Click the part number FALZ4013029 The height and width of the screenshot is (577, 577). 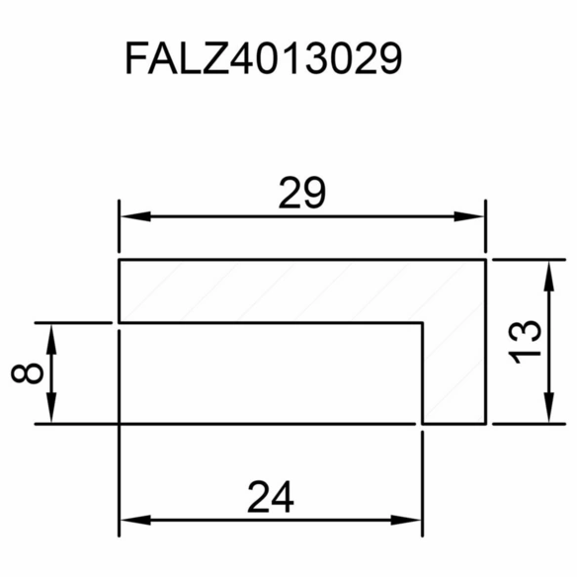(x=264, y=57)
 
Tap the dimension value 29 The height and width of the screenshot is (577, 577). (x=302, y=193)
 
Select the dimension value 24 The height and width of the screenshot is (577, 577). (x=271, y=496)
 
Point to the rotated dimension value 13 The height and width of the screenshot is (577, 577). (x=525, y=342)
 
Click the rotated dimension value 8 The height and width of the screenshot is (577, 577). (x=28, y=372)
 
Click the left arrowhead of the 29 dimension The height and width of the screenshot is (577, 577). (x=135, y=216)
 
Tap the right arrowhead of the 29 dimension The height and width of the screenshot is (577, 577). (x=468, y=216)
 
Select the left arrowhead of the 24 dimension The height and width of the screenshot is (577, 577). (x=135, y=520)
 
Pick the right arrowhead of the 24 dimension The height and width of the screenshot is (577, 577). (x=405, y=520)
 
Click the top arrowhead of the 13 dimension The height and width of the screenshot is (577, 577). (x=548, y=276)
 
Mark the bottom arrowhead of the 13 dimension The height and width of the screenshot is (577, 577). (x=548, y=407)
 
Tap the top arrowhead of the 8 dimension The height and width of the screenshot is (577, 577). (x=51, y=339)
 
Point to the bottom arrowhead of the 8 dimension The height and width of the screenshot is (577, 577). (x=51, y=407)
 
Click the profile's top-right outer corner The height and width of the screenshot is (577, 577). (x=486, y=260)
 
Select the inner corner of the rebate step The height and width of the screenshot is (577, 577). (x=423, y=323)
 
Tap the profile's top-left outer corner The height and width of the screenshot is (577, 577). (x=119, y=260)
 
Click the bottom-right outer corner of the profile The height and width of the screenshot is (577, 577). (x=486, y=424)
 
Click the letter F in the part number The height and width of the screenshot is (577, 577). (x=137, y=57)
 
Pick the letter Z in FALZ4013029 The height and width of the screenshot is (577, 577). (x=215, y=57)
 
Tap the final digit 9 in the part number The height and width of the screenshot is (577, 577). (x=389, y=58)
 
